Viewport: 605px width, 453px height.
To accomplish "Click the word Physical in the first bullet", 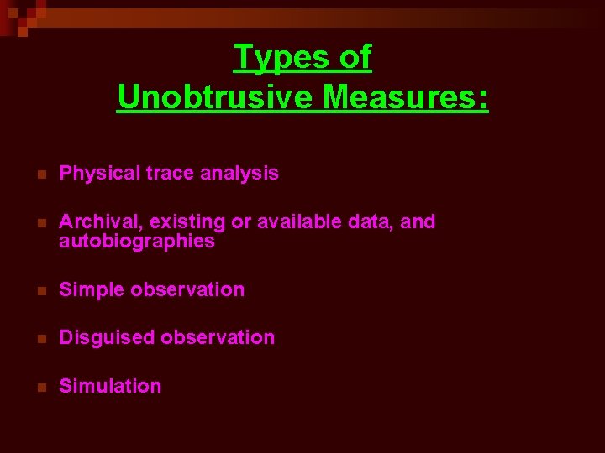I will pos(100,174).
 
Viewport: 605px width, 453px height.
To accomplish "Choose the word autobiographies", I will pos(137,242).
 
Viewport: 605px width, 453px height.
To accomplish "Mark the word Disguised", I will pos(106,338).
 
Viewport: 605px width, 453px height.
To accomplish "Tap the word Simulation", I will pos(110,387).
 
